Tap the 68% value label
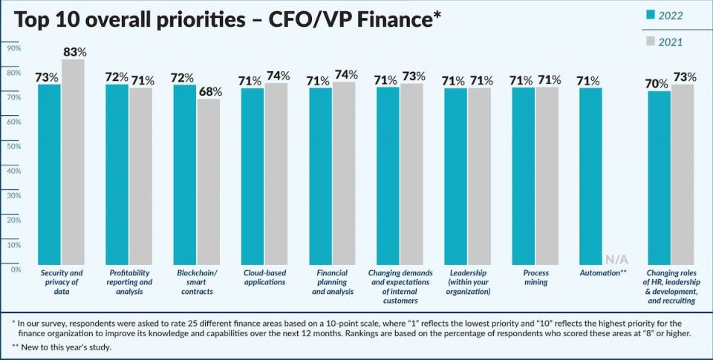(209, 91)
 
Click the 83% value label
(74, 52)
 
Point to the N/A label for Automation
(616, 259)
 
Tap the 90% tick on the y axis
(13, 48)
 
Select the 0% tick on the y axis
(15, 269)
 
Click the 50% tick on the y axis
(13, 146)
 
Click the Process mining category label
(535, 278)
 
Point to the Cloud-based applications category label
(265, 278)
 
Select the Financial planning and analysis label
(332, 282)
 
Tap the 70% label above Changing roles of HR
(657, 84)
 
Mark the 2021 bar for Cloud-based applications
(276, 174)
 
